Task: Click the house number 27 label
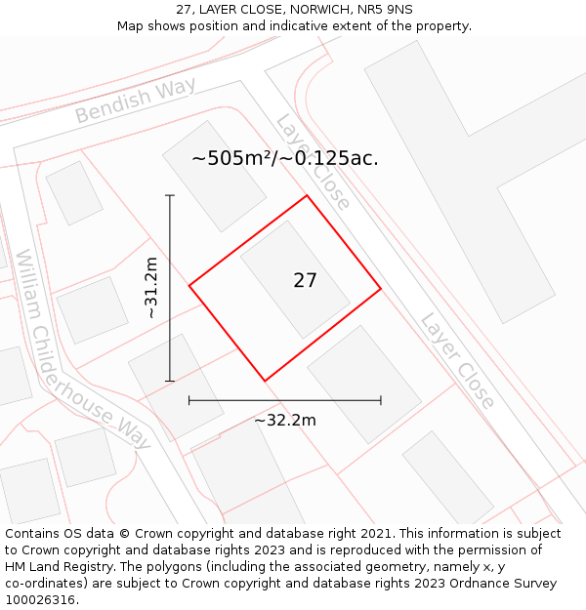pos(305,281)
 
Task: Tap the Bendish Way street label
pos(135,101)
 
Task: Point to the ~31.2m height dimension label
pos(150,288)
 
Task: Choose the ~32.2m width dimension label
pos(285,421)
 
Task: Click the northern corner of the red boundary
pos(308,196)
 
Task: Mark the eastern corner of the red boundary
pos(381,289)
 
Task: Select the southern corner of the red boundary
pos(265,381)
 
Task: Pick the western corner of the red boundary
pos(188,286)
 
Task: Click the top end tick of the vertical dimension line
pos(170,196)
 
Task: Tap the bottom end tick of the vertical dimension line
pos(170,381)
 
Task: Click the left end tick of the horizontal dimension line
pos(188,400)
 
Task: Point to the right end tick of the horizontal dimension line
pos(381,400)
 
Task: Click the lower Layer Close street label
pos(457,360)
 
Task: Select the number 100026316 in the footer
pos(40,600)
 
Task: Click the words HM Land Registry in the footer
pos(59,567)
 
